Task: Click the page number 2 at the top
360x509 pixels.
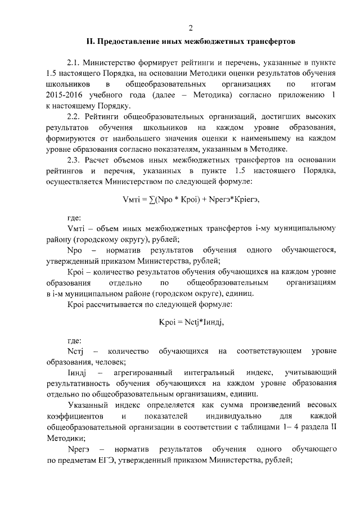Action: point(191,28)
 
